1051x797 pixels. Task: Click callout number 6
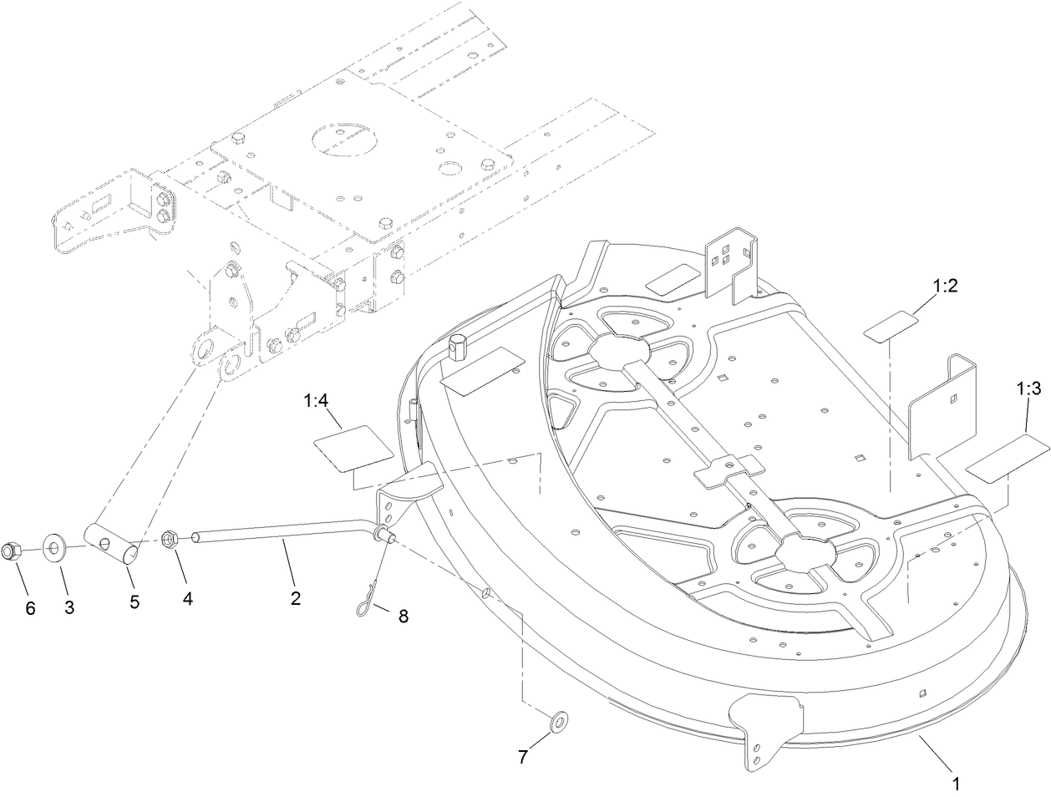pos(30,609)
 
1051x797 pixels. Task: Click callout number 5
pos(134,602)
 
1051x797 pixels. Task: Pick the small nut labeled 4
pos(170,539)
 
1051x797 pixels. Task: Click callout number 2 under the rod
pos(294,598)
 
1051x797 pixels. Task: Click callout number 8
pos(403,617)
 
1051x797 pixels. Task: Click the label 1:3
pos(1028,388)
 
